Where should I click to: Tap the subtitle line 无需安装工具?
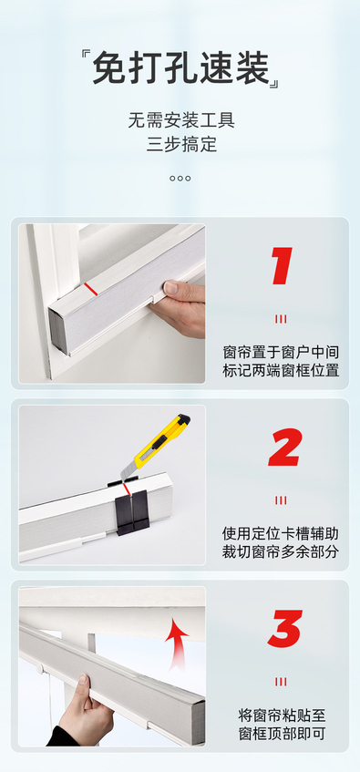(181, 120)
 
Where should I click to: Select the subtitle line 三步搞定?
(181, 145)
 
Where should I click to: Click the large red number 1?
(282, 266)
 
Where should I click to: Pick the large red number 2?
(284, 448)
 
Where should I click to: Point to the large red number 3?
(284, 629)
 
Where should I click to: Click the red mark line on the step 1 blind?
(92, 289)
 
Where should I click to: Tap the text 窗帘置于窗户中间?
(281, 353)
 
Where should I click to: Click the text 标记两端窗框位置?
(281, 371)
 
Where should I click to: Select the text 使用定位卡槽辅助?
(281, 534)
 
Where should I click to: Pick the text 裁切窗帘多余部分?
(281, 551)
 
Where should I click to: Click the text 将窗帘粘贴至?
(282, 715)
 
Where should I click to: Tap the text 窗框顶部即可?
(282, 734)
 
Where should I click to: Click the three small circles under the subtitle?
(180, 179)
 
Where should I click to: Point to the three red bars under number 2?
(281, 500)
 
